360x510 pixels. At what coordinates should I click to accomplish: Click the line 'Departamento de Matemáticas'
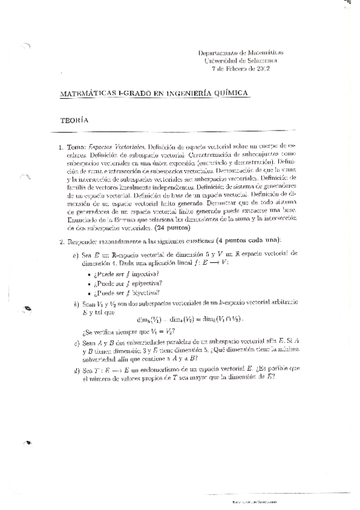(x=241, y=53)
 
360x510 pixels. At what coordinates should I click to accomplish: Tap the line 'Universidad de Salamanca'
(x=241, y=61)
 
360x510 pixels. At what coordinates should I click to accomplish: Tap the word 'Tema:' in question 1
(x=76, y=147)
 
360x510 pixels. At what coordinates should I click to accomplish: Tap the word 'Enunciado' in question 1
(x=84, y=221)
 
